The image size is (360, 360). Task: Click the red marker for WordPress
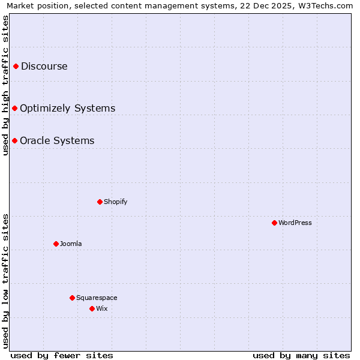pyautogui.click(x=274, y=223)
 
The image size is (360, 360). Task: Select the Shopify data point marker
pyautogui.click(x=100, y=202)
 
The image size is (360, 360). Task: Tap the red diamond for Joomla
pyautogui.click(x=56, y=244)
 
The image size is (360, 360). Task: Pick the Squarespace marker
pyautogui.click(x=72, y=298)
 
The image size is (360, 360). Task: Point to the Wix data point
pyautogui.click(x=92, y=308)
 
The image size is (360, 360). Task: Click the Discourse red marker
pyautogui.click(x=16, y=66)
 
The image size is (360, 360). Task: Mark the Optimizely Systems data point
pyautogui.click(x=14, y=108)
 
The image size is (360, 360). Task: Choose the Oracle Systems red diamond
pyautogui.click(x=14, y=140)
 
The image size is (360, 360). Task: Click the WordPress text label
pyautogui.click(x=295, y=223)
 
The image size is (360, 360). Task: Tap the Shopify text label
pyautogui.click(x=116, y=202)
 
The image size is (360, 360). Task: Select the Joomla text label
pyautogui.click(x=71, y=244)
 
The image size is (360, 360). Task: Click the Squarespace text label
pyautogui.click(x=97, y=298)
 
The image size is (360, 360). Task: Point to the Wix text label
pyautogui.click(x=102, y=308)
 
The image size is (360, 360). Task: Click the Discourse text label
pyautogui.click(x=44, y=66)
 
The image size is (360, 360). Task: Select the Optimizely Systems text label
pyautogui.click(x=68, y=108)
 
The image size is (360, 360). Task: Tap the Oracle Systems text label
pyautogui.click(x=57, y=140)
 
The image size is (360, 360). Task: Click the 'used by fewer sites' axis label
pyautogui.click(x=62, y=355)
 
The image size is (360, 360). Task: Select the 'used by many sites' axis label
pyautogui.click(x=301, y=355)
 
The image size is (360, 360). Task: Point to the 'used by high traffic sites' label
pyautogui.click(x=6, y=85)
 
